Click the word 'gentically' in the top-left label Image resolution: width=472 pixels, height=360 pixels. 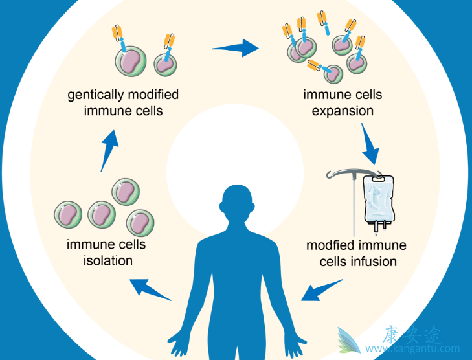click(x=93, y=95)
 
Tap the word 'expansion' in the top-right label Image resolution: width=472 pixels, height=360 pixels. click(x=343, y=111)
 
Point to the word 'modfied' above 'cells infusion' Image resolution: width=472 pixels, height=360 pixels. click(x=332, y=246)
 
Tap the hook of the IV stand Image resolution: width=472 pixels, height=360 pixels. click(x=332, y=173)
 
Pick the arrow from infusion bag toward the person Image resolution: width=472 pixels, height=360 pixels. click(x=321, y=289)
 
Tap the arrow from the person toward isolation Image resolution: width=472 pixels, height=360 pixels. click(x=152, y=289)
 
